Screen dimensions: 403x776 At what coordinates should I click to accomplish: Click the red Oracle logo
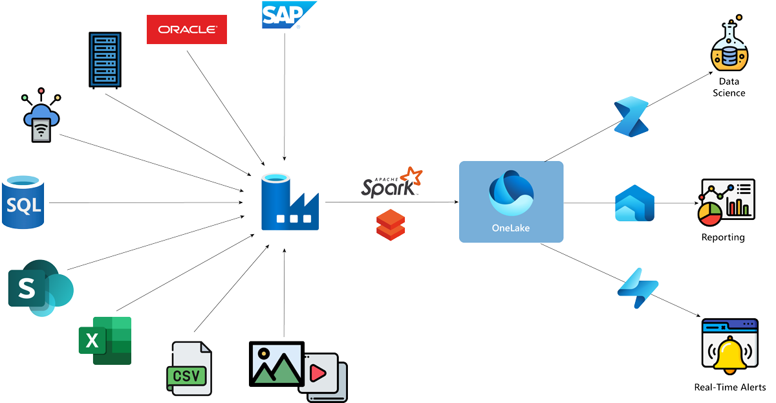tap(187, 28)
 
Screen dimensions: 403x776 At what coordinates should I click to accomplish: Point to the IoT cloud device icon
tap(41, 117)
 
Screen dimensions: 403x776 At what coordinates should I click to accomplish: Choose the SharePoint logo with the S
tap(39, 287)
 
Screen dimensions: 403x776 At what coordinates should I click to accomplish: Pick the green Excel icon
tap(105, 340)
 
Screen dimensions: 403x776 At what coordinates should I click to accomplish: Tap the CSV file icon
tap(189, 367)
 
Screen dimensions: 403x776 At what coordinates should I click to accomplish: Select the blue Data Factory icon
tap(290, 202)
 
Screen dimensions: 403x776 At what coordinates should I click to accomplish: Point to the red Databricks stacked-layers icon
tap(391, 224)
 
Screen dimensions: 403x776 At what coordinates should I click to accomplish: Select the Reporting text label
tap(723, 237)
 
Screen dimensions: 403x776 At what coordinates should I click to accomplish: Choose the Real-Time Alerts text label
tap(729, 387)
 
